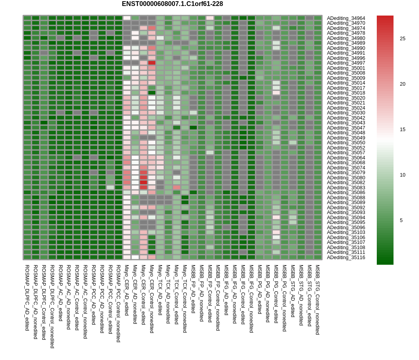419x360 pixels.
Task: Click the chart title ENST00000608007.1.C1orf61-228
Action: tap(172, 4)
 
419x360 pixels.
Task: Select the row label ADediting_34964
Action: tap(346, 18)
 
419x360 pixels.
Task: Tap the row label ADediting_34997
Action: tap(346, 63)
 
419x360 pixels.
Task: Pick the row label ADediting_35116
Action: tap(346, 257)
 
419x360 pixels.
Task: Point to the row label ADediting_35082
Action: tap(346, 183)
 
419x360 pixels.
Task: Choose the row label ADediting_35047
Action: tap(346, 128)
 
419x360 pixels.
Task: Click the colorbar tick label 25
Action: tap(402, 39)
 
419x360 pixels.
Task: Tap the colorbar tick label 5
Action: tap(401, 220)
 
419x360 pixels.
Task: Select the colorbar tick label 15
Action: tap(402, 130)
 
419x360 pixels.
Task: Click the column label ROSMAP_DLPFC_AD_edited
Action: tap(27, 298)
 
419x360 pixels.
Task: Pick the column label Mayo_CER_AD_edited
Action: tap(127, 290)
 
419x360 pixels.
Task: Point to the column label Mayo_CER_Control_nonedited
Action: tap(151, 299)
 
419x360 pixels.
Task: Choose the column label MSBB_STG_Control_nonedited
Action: tap(317, 300)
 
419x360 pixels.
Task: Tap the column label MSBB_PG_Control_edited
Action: tap(276, 294)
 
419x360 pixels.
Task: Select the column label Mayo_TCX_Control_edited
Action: tap(176, 295)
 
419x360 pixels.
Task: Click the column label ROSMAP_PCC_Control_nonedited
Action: tap(118, 303)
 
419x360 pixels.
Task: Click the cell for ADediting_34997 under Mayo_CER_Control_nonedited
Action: tap(152, 63)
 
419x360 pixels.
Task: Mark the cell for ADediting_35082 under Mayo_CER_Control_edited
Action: tap(143, 183)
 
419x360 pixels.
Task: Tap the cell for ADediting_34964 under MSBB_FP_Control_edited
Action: tap(210, 18)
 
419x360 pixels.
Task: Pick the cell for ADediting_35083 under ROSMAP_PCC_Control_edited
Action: tap(110, 187)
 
